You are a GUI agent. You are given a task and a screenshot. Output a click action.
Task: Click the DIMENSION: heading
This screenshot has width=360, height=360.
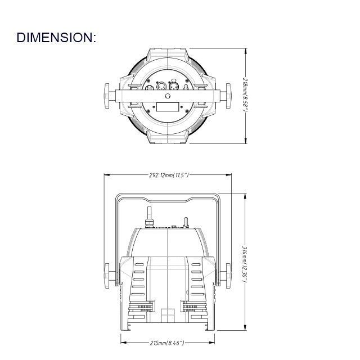(x=56, y=38)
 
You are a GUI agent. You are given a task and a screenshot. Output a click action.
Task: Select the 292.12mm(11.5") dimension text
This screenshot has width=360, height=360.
(x=169, y=175)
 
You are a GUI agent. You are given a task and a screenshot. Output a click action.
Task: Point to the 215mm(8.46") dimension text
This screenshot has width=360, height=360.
(x=168, y=343)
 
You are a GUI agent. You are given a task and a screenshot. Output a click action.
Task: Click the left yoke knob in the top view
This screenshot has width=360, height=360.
(x=107, y=94)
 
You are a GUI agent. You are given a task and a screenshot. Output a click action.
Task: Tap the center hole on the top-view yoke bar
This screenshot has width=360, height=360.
(x=168, y=96)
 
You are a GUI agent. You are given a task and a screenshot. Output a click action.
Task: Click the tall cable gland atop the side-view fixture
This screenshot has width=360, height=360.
(x=150, y=217)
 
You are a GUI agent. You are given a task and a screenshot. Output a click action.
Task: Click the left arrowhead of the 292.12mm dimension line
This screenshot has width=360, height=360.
(x=106, y=175)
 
